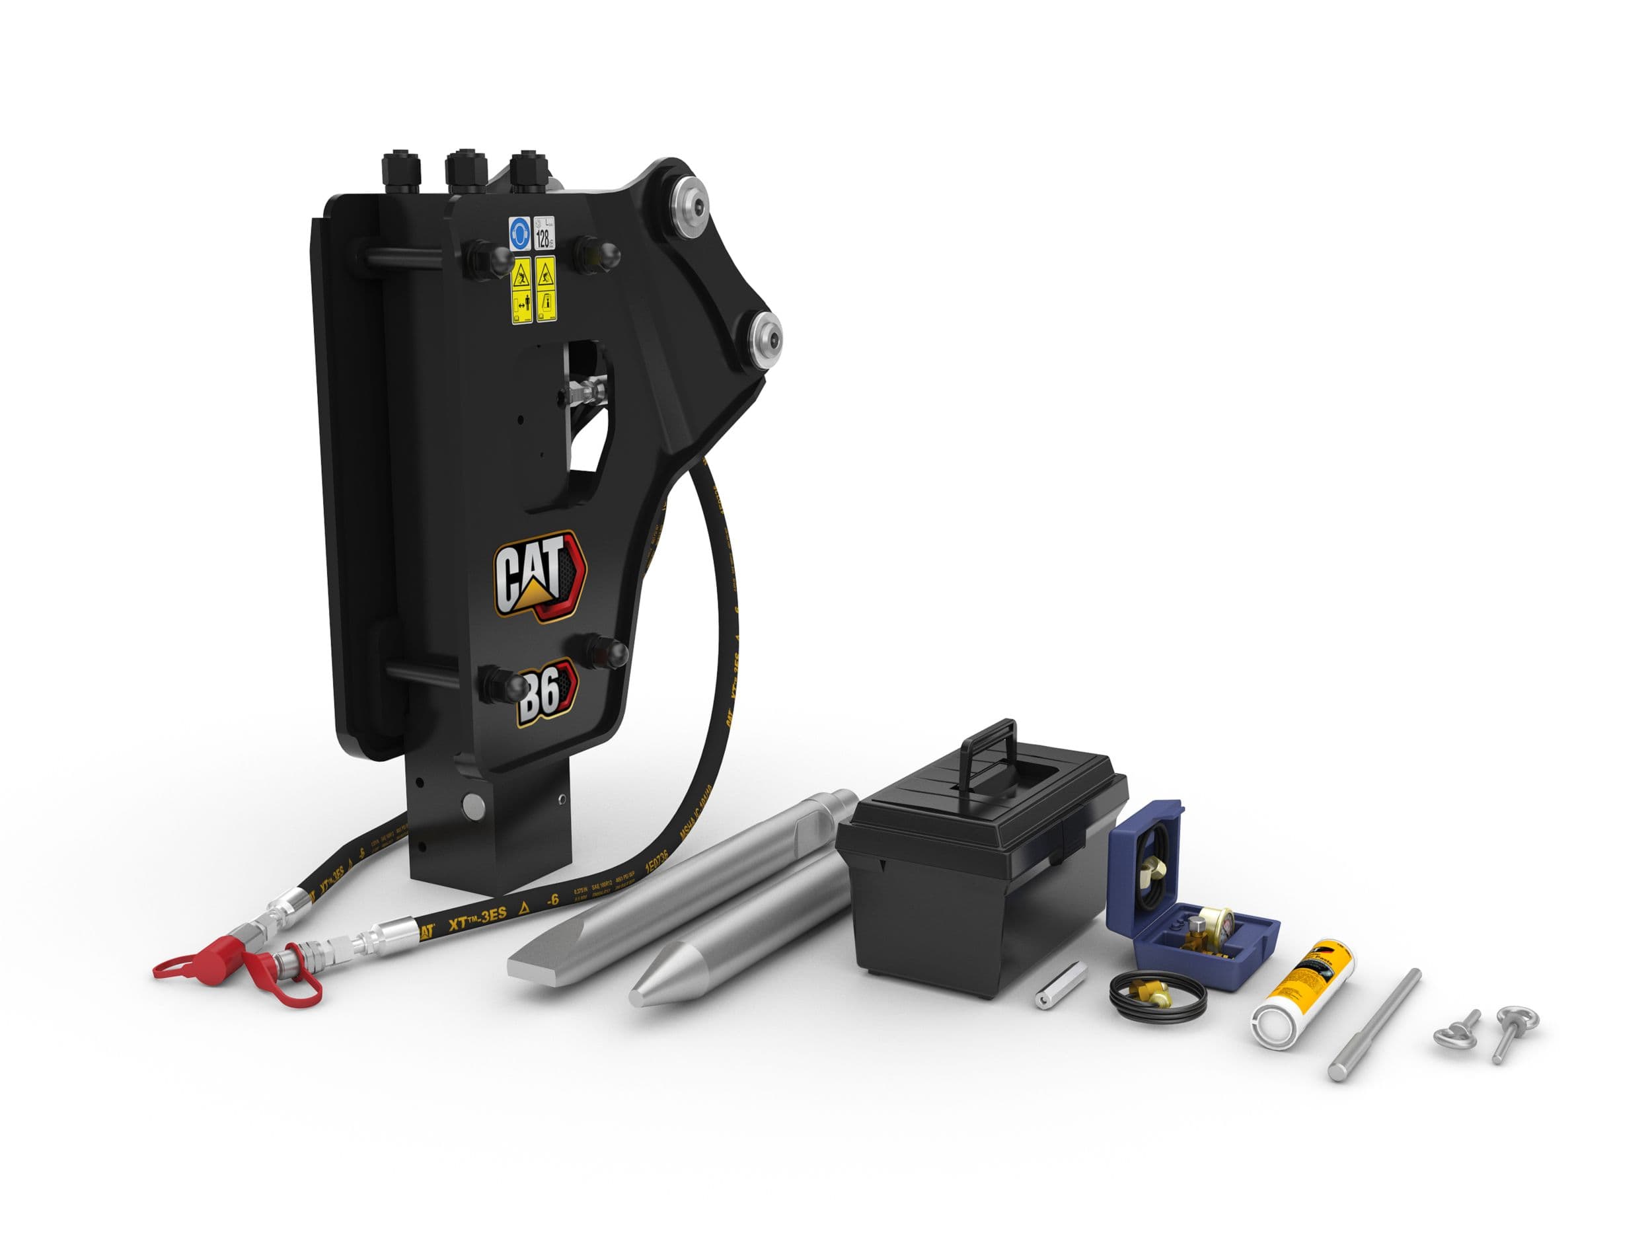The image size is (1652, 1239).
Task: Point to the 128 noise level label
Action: point(544,234)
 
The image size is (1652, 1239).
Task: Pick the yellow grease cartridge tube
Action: point(1303,992)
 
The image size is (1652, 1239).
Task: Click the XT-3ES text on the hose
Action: point(477,917)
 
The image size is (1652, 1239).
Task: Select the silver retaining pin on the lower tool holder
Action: point(474,804)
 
